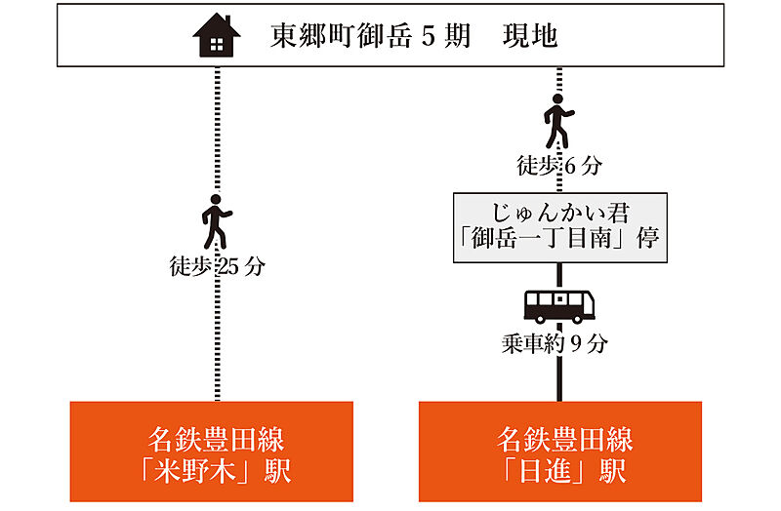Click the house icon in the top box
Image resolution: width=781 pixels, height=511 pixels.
click(216, 38)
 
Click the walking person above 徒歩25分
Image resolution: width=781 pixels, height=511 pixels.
click(215, 222)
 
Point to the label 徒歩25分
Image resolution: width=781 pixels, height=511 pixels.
click(216, 265)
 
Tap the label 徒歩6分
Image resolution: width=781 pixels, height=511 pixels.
click(559, 166)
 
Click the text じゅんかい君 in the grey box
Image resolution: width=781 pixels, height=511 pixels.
click(559, 212)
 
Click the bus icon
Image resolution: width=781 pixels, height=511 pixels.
click(559, 306)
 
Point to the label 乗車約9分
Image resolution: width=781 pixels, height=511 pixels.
click(559, 343)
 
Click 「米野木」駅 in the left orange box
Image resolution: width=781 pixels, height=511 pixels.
click(212, 472)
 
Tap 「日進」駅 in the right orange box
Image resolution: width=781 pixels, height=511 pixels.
click(559, 472)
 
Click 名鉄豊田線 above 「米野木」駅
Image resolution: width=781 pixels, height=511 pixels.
click(212, 438)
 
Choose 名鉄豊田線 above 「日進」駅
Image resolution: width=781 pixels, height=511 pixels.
click(559, 438)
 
